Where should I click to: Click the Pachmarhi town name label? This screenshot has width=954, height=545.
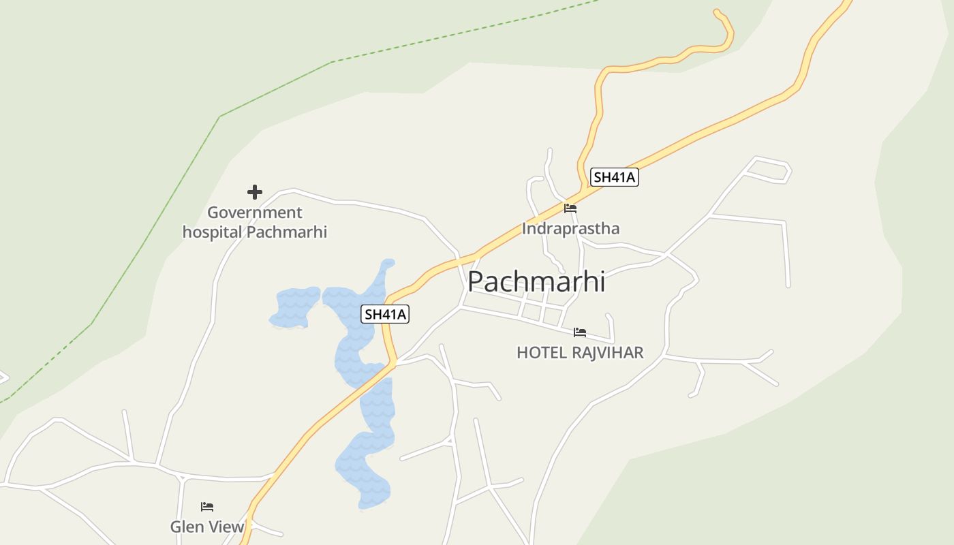(536, 281)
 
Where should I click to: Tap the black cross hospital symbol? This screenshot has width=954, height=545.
(255, 192)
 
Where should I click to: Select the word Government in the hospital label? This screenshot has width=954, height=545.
(254, 213)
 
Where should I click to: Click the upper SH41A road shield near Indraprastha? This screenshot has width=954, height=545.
(614, 178)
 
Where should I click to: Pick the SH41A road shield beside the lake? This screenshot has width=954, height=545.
(386, 314)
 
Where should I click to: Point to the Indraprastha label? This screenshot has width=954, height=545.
(570, 228)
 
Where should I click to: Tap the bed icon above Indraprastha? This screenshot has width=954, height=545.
(570, 208)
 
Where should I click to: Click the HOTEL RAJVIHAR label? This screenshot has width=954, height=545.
(580, 352)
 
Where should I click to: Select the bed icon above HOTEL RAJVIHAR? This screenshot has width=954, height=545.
(580, 332)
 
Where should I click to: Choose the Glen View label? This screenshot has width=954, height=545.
(207, 527)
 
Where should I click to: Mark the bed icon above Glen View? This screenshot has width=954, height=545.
(207, 506)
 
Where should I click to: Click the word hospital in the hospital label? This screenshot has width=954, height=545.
(212, 232)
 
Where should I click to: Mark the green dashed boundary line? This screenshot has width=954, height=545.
(273, 89)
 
